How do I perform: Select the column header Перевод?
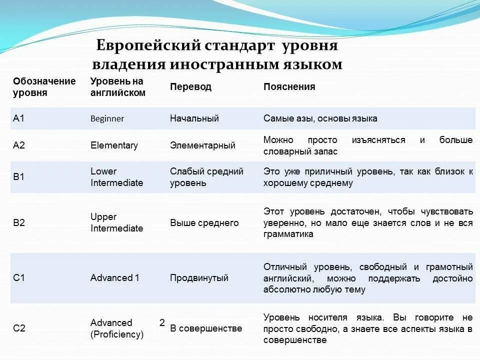point(190,86)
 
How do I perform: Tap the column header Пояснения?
point(289,86)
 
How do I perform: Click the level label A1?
point(18,118)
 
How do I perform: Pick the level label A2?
point(19,145)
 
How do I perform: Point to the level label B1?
point(19,177)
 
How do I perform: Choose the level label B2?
point(19,223)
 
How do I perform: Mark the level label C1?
point(19,278)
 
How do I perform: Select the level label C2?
point(19,328)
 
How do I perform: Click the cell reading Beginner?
point(107,119)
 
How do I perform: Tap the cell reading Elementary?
point(114,145)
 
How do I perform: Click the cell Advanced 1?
point(115,278)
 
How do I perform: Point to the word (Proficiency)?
point(117,334)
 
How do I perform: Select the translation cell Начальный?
point(194,118)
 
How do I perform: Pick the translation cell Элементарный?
point(202,145)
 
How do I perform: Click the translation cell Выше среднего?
point(204,223)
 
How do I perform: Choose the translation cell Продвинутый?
point(199,278)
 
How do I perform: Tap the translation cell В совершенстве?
point(206,328)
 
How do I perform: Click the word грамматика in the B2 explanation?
point(288,234)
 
